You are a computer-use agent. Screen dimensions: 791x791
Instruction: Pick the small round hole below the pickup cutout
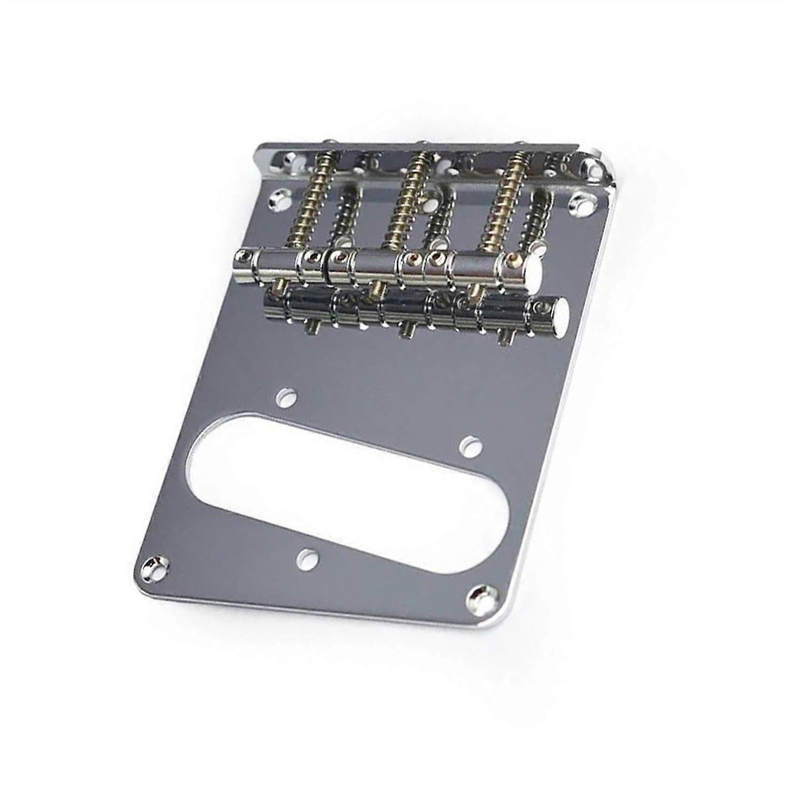308,557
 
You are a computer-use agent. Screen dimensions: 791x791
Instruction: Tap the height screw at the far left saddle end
242,256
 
